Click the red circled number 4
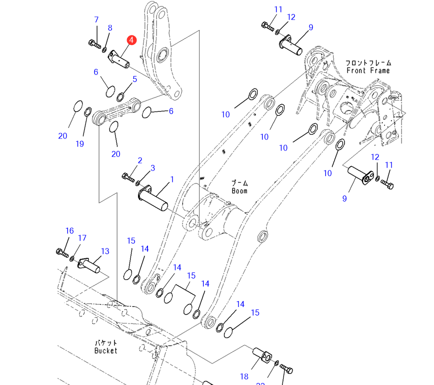click(131, 40)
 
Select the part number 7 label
click(96, 19)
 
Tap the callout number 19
click(80, 144)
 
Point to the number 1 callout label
click(172, 179)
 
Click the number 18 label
click(244, 376)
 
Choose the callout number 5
click(134, 79)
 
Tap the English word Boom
click(239, 191)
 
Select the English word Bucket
click(105, 350)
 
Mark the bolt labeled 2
click(128, 176)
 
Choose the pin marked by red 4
click(119, 59)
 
